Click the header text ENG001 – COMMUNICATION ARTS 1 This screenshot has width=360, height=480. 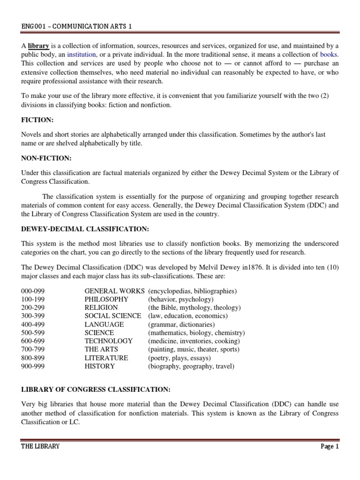click(76, 27)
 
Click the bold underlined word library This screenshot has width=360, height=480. click(38, 46)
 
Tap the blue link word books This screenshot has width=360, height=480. click(329, 54)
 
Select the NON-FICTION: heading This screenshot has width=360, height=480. click(45, 159)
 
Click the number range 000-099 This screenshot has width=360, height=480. click(33, 291)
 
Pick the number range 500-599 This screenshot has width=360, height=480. click(33, 333)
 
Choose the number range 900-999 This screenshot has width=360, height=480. click(33, 366)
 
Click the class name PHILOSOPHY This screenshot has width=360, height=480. click(106, 299)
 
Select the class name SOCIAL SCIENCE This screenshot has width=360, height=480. click(112, 316)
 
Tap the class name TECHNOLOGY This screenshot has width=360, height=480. click(109, 341)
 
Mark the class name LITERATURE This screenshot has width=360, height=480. click(106, 358)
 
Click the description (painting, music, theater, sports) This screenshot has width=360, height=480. click(194, 349)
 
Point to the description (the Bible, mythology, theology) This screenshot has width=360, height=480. click(194, 307)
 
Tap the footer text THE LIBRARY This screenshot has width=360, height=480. click(40, 446)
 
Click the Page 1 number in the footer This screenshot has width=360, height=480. click(329, 446)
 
